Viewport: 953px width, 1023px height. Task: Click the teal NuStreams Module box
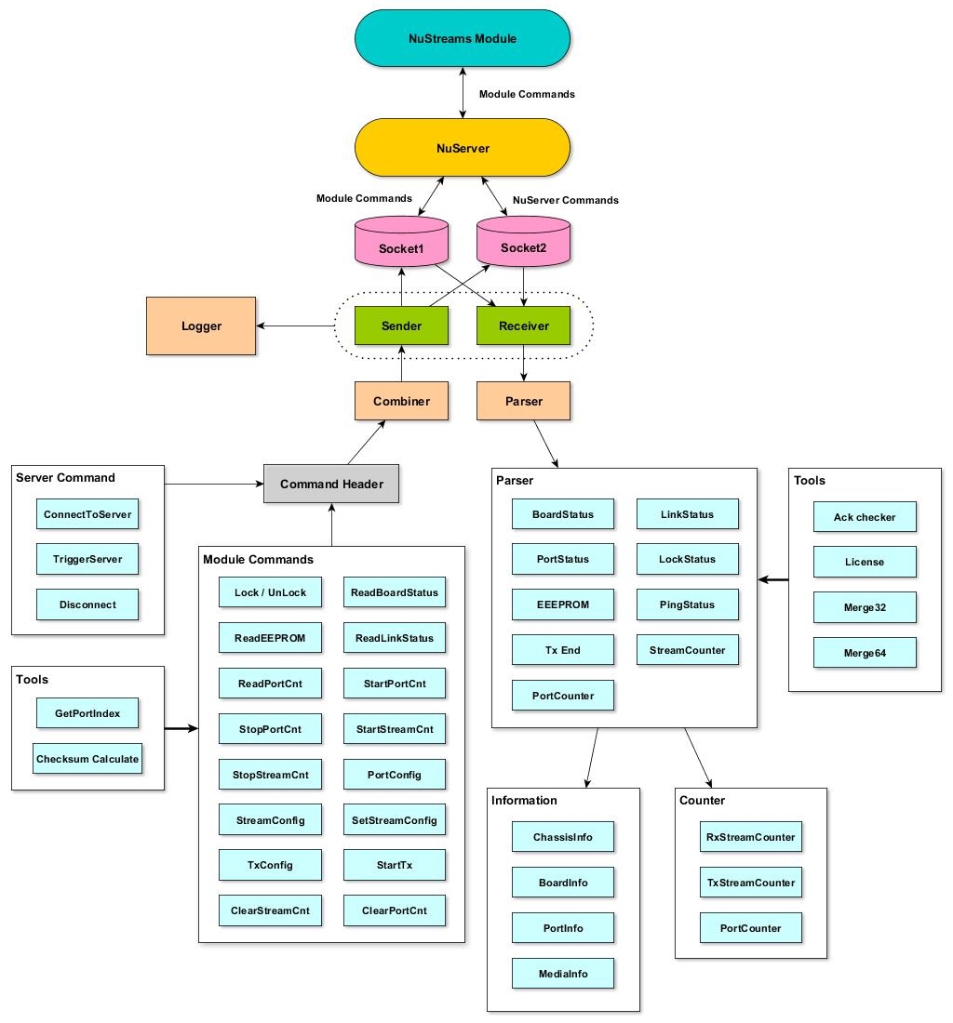tap(463, 39)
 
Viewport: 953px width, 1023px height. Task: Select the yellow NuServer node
tap(463, 148)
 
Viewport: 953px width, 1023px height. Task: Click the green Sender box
tap(401, 326)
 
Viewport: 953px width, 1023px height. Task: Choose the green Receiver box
tap(523, 326)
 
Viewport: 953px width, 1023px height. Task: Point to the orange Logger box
tap(201, 326)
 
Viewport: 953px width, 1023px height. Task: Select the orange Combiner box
tap(401, 401)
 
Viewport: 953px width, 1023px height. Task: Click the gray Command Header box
tap(331, 485)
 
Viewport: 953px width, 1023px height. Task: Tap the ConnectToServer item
tap(87, 514)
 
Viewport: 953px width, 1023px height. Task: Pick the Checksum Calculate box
tap(87, 759)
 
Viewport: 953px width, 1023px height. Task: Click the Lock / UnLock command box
tap(271, 592)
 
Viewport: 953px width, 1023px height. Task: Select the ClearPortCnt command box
tap(395, 910)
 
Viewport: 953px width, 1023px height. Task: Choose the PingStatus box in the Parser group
tap(688, 604)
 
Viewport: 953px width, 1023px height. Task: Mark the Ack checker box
tap(864, 517)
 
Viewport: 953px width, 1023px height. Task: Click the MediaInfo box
tap(563, 974)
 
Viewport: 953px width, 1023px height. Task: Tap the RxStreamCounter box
tap(750, 837)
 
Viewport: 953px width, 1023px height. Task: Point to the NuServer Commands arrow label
tap(566, 200)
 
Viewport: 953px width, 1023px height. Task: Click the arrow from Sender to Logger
tap(296, 326)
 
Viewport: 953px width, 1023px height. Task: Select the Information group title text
tap(525, 800)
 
